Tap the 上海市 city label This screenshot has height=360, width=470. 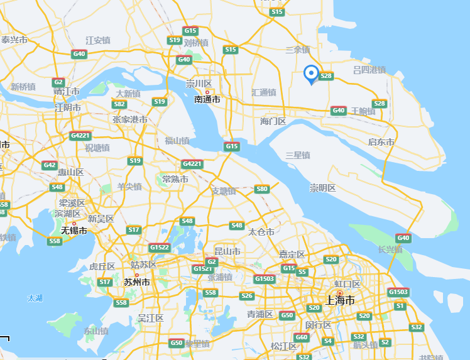click(342, 300)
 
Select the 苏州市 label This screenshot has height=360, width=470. click(136, 282)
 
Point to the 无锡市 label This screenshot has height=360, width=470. click(74, 231)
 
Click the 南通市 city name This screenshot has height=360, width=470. click(207, 99)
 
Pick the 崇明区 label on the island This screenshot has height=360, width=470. click(322, 188)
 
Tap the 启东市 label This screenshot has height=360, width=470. click(381, 142)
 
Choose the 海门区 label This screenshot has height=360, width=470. click(273, 121)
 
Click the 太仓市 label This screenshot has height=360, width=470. click(261, 232)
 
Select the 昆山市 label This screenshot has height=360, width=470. click(227, 251)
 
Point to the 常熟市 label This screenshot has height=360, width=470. click(175, 179)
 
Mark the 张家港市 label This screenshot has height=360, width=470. click(130, 119)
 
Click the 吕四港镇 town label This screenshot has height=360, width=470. click(369, 69)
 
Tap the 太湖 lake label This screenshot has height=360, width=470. click(35, 298)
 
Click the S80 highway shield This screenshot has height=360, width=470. click(262, 189)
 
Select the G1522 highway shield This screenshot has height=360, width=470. click(160, 247)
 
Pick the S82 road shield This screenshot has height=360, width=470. click(119, 104)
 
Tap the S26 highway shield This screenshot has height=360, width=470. click(247, 296)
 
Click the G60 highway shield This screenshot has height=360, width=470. click(302, 337)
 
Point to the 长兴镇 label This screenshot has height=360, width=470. click(390, 249)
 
